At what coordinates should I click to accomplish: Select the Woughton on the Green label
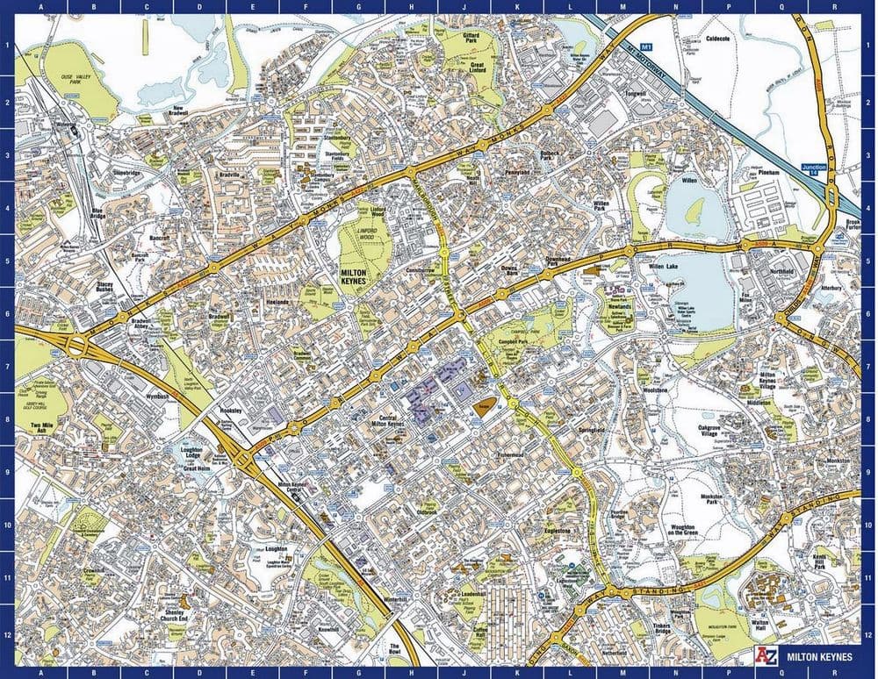point(682,528)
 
